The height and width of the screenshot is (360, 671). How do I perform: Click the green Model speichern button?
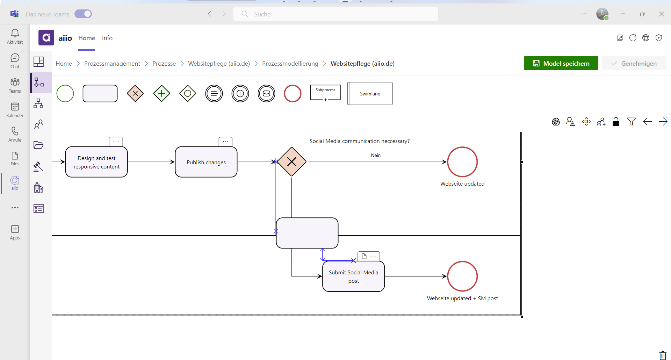tap(561, 63)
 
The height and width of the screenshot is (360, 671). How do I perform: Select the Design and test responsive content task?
tap(96, 162)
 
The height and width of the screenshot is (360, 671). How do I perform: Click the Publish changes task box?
tap(206, 162)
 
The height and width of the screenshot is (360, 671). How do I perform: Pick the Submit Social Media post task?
tap(353, 276)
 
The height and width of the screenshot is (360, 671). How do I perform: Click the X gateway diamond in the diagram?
tap(291, 162)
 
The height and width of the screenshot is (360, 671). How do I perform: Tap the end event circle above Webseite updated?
tap(462, 162)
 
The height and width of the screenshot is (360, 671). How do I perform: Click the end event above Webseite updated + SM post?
tap(462, 276)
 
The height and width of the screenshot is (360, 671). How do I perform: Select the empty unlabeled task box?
tap(307, 233)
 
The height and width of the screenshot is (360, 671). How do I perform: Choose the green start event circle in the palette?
tap(65, 93)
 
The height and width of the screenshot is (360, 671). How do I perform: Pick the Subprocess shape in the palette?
tap(325, 93)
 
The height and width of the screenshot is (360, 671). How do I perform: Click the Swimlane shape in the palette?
tap(370, 93)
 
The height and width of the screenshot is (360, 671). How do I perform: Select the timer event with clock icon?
tap(240, 93)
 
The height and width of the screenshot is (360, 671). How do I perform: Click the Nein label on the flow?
tap(376, 155)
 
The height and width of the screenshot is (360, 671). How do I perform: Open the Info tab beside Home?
tap(107, 38)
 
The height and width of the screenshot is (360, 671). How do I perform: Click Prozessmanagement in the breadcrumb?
tap(112, 63)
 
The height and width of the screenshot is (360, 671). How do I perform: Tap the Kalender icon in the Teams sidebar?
tap(15, 109)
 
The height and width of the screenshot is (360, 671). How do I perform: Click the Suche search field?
tap(335, 14)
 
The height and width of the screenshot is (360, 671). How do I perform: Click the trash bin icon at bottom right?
tap(662, 355)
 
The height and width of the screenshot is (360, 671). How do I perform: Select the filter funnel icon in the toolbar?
tap(631, 122)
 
